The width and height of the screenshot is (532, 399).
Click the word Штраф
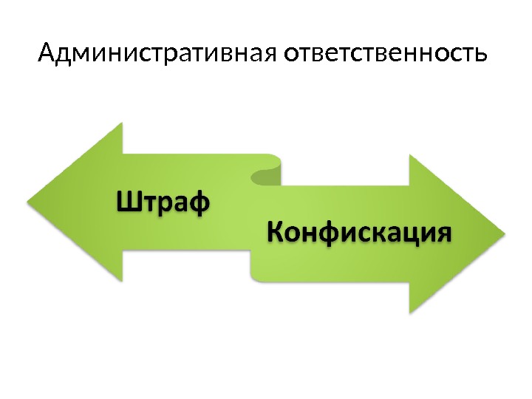click(x=163, y=201)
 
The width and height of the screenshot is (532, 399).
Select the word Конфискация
click(x=358, y=233)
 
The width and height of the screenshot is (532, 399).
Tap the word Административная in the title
click(x=157, y=54)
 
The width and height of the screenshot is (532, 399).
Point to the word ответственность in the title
click(x=385, y=54)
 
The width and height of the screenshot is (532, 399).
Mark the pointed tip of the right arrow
click(x=505, y=234)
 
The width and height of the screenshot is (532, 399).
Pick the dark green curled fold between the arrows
click(x=267, y=175)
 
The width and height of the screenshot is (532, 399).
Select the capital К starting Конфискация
click(x=274, y=233)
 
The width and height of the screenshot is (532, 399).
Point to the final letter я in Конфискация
click(x=440, y=234)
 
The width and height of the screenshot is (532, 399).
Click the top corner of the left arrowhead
click(x=121, y=123)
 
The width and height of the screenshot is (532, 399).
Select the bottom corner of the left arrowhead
click(x=121, y=281)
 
